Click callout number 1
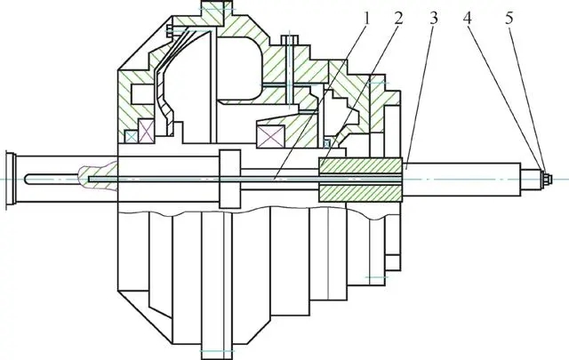366,19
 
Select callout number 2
398,19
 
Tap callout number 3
434,19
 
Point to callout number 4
468,19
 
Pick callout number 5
509,19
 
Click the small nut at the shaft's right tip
548,179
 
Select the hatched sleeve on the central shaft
360,180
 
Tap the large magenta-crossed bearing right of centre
270,137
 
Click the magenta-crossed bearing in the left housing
147,131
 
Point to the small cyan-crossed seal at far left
131,137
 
